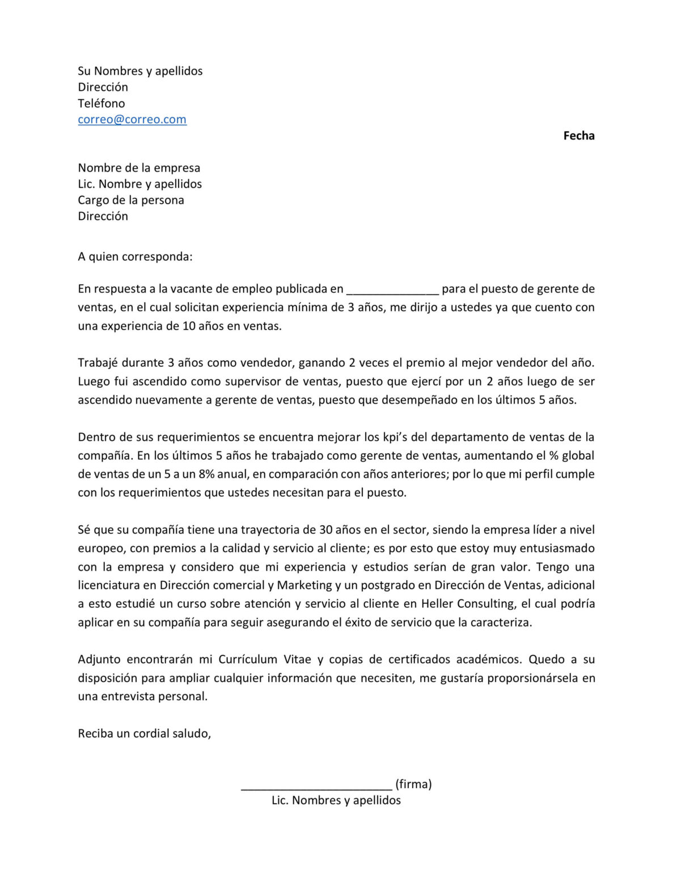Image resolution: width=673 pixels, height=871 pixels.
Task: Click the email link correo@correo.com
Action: (132, 120)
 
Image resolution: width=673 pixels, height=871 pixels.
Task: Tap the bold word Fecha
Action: (578, 136)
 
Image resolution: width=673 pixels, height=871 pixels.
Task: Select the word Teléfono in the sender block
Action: (101, 103)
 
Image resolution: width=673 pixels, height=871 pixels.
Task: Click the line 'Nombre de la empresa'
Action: (139, 168)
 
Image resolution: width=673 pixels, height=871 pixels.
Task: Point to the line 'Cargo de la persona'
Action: (131, 200)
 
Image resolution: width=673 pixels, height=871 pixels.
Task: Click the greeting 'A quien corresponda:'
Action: (135, 257)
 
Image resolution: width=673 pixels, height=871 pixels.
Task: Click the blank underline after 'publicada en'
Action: (392, 290)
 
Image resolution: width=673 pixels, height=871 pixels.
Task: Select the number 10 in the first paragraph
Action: (189, 326)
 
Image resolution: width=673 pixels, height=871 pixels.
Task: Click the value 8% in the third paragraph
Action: (206, 474)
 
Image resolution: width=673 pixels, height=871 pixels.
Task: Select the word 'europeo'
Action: (101, 548)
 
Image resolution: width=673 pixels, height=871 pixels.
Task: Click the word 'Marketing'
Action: (304, 585)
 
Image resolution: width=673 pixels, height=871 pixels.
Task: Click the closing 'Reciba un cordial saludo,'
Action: (145, 734)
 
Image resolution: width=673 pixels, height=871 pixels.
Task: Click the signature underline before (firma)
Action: (316, 786)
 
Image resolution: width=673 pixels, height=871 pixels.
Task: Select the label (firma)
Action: (413, 784)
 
